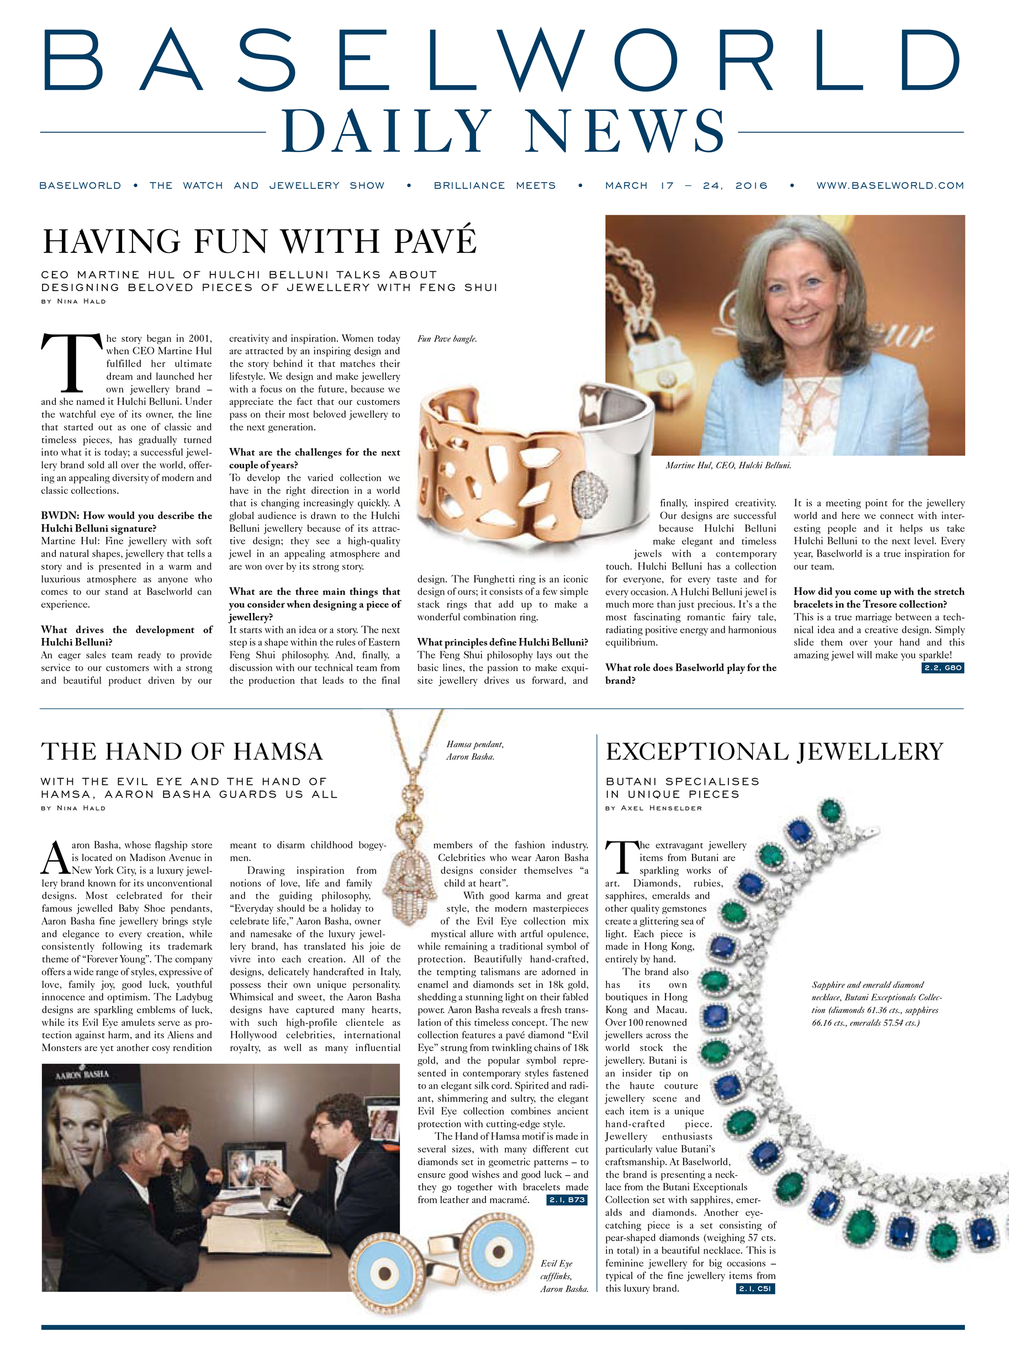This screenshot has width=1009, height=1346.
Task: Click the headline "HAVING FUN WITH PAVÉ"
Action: [260, 241]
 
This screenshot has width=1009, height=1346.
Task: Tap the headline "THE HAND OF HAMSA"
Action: [181, 752]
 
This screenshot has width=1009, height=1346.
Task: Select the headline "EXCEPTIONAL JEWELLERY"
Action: [774, 752]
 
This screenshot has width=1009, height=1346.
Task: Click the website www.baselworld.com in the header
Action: [890, 186]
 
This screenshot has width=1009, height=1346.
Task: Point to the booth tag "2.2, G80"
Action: [943, 668]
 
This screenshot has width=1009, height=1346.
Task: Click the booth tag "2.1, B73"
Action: [567, 1200]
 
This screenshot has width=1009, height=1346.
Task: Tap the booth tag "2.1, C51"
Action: [754, 1288]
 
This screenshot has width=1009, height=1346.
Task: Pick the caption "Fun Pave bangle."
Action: [447, 339]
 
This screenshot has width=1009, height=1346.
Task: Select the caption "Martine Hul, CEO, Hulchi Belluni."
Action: [728, 466]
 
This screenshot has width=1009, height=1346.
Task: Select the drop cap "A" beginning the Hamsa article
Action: [55, 858]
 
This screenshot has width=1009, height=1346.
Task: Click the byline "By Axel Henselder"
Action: [653, 808]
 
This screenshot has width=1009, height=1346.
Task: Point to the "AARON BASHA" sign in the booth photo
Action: [82, 1075]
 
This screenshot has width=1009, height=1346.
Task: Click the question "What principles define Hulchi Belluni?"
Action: [503, 642]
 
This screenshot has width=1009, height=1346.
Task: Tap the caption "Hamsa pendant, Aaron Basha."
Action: [475, 750]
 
